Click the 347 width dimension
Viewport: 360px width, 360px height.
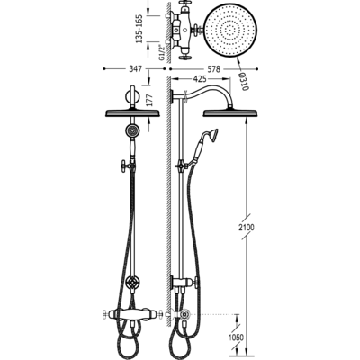coord(135,69)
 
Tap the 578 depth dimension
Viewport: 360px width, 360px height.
coord(214,69)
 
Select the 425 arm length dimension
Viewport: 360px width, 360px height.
coord(201,79)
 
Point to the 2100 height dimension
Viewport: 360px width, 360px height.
coord(247,227)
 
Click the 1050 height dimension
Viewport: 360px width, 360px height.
coord(236,337)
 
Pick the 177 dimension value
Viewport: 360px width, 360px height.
coord(149,100)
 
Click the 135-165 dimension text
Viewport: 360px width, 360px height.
coord(139,29)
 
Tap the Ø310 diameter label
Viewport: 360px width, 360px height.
coord(243,82)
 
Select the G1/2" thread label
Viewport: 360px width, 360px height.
coord(162,52)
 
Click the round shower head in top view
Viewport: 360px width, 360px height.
coord(230,31)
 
